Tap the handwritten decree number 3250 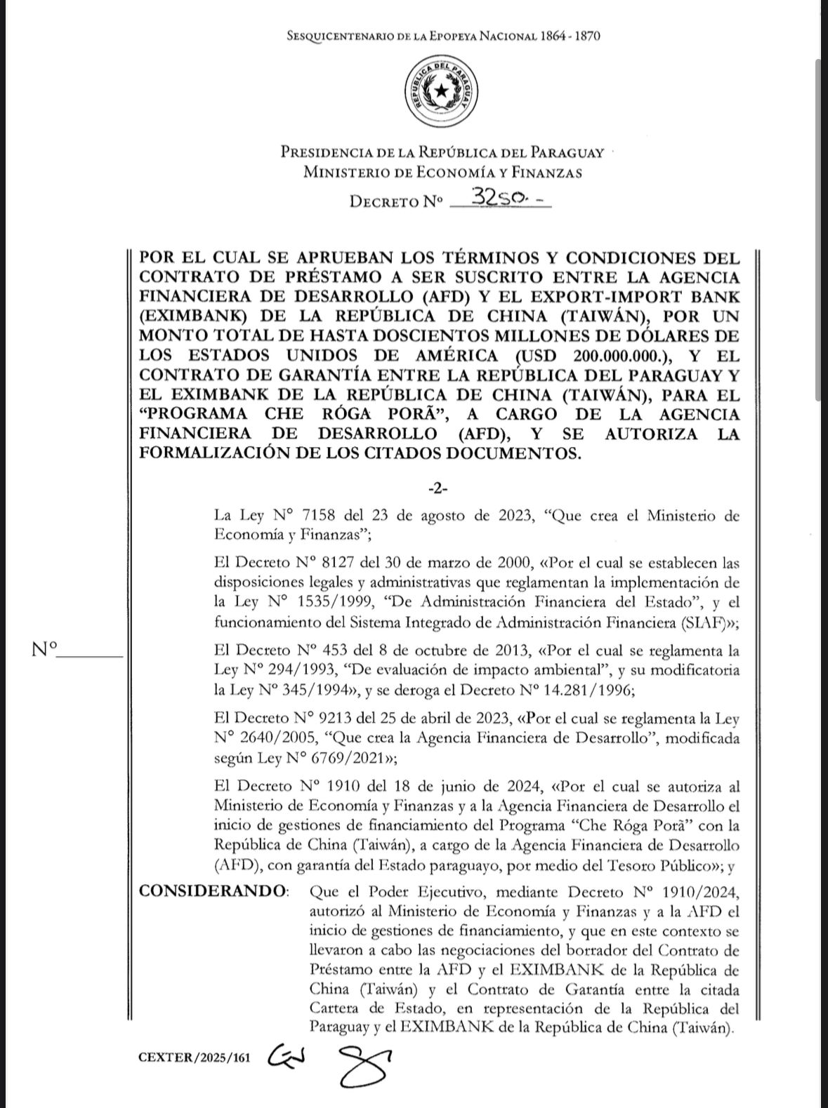pos(501,199)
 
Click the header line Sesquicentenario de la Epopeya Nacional pos(443,36)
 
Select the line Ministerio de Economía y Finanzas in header pos(442,172)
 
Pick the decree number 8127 pos(334,563)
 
